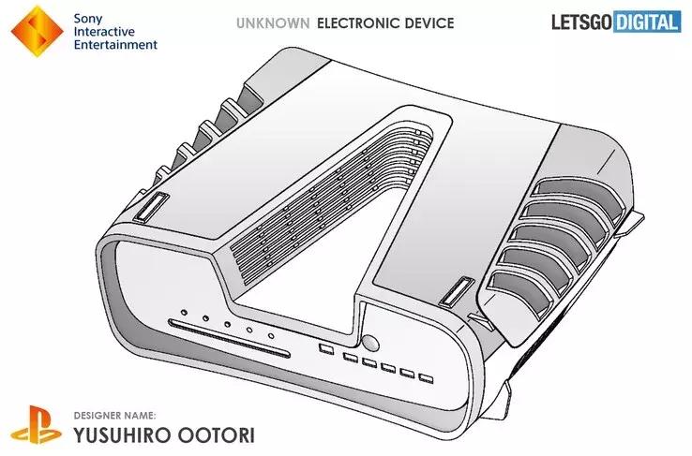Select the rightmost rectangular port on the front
tap(426, 379)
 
